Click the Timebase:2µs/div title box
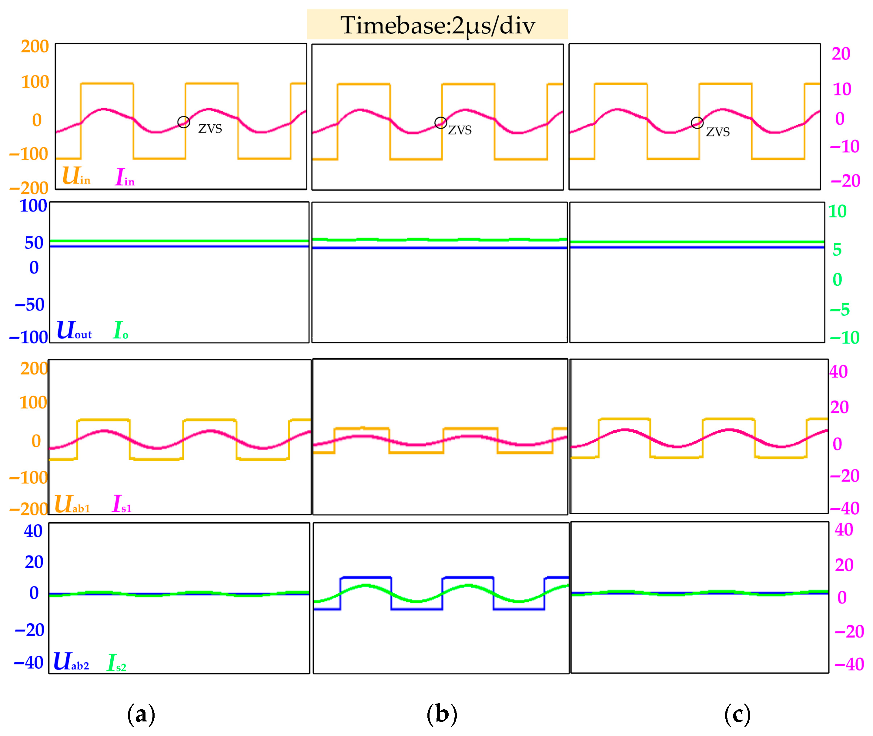(437, 25)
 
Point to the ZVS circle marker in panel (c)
(697, 123)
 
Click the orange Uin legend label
(76, 176)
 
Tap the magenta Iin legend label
(125, 177)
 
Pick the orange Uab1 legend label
(72, 504)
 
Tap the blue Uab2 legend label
(71, 662)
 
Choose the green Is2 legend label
(116, 663)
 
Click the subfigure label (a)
(141, 715)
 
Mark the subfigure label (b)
(442, 715)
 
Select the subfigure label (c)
(738, 715)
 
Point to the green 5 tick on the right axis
(837, 250)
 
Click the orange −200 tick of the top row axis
(29, 189)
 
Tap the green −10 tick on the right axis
(844, 338)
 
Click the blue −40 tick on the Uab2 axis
(28, 663)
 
